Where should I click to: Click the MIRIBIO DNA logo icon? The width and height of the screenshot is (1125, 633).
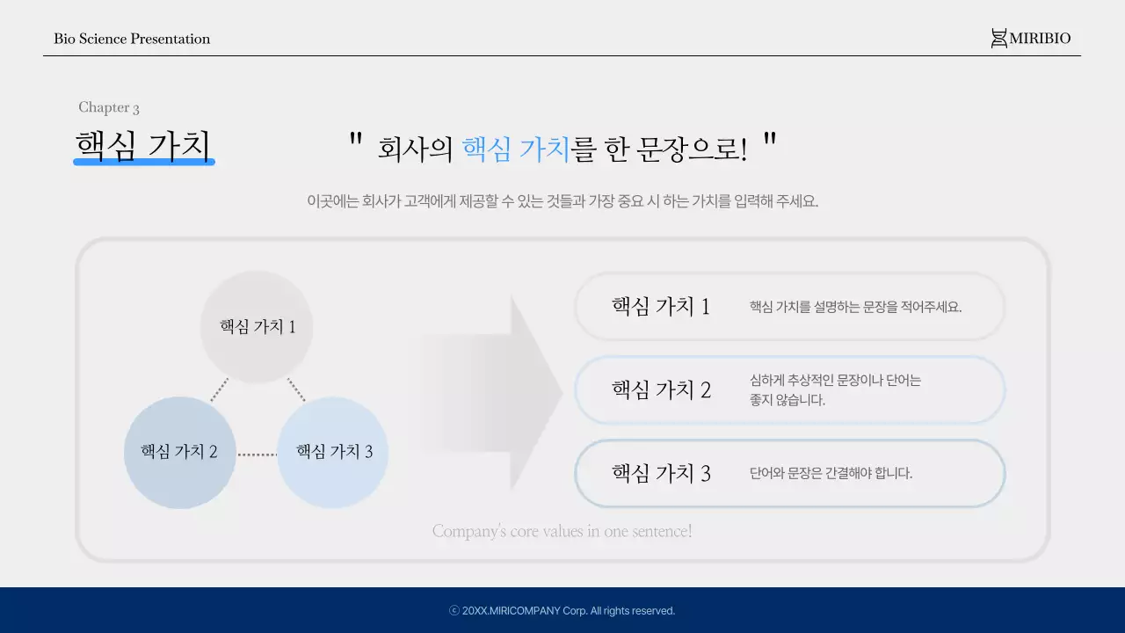click(998, 39)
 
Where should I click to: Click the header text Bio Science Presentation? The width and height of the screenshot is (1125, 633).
click(132, 39)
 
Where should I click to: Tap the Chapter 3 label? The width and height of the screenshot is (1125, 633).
click(109, 107)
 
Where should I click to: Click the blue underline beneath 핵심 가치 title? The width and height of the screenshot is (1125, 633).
click(144, 163)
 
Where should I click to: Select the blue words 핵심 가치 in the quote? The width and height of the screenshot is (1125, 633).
click(516, 149)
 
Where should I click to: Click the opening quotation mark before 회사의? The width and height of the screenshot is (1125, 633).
click(356, 140)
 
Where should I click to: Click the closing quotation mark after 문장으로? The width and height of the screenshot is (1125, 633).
click(770, 140)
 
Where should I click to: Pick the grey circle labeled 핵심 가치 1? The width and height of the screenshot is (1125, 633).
click(257, 326)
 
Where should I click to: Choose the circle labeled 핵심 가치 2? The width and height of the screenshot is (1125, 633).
click(179, 452)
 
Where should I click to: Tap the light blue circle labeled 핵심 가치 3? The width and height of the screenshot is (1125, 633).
click(333, 452)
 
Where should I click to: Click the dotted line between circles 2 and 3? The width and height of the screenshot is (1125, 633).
click(257, 455)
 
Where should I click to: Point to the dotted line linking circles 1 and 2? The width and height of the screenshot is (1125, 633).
click(219, 389)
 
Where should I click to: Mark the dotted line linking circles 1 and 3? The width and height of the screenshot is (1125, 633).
click(296, 389)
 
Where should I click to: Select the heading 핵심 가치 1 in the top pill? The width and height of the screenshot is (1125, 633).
click(660, 307)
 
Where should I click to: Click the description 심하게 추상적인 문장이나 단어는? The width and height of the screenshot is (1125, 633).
click(835, 381)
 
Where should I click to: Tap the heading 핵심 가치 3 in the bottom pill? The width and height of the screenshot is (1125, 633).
click(661, 474)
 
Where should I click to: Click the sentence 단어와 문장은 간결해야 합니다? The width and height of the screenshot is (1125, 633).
click(831, 473)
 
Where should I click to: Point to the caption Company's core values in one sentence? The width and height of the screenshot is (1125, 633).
click(562, 531)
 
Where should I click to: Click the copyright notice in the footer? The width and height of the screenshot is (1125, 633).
click(562, 611)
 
